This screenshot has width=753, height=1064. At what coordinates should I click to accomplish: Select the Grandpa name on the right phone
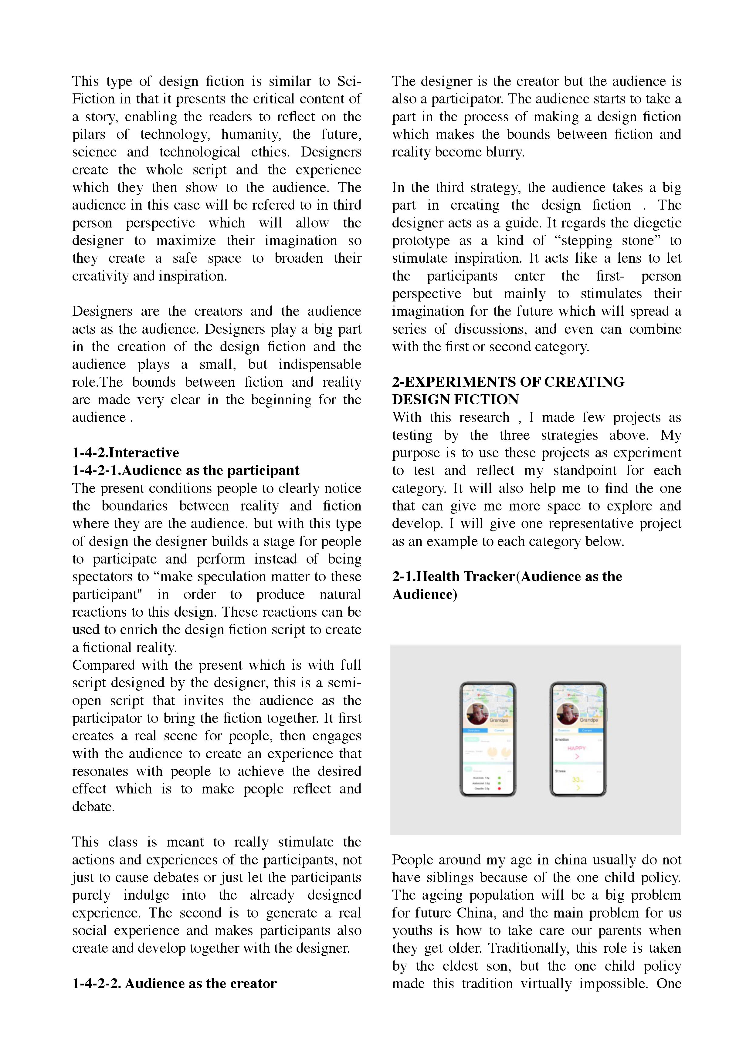589,720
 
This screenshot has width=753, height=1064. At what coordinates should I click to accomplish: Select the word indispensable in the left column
320,364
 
